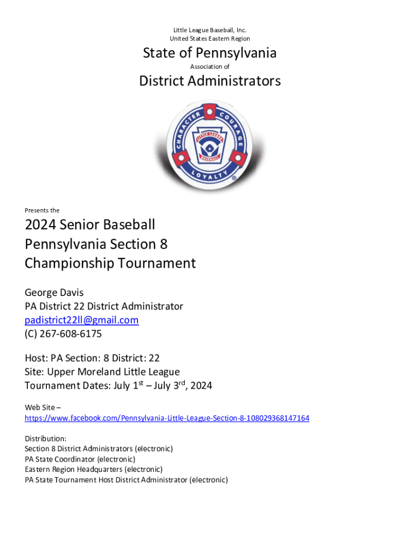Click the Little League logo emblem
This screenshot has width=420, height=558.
point(209,145)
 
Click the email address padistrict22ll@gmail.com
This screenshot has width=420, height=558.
point(81,320)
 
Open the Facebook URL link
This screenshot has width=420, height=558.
point(167,418)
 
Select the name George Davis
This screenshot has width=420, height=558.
point(54,293)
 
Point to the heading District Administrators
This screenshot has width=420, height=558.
point(210,81)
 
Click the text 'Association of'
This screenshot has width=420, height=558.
point(209,66)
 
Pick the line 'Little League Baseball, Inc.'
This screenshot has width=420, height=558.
point(209,30)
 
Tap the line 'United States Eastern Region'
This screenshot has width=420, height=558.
point(209,39)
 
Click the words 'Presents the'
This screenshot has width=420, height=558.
point(42,210)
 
